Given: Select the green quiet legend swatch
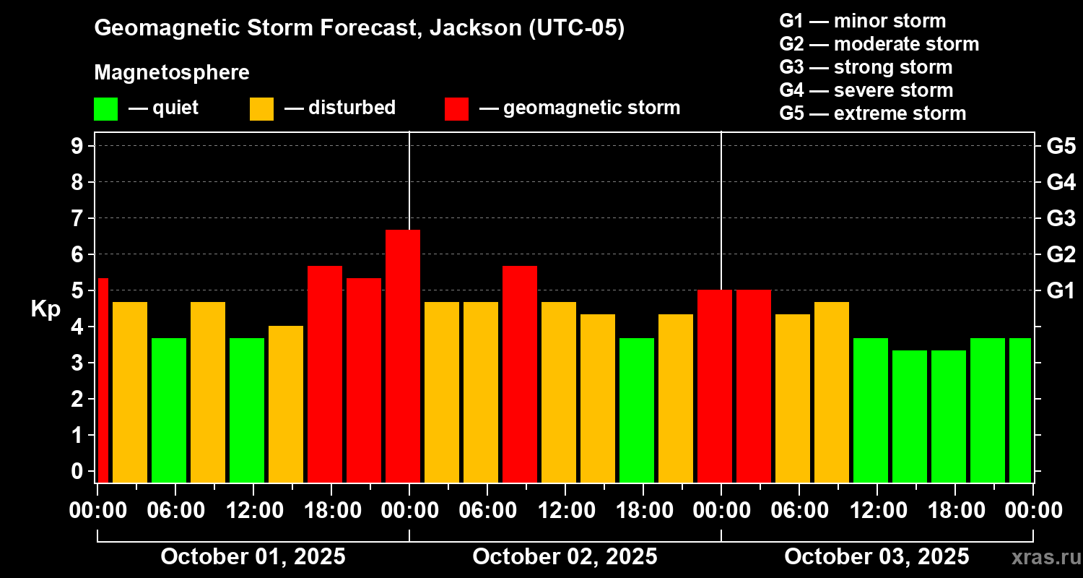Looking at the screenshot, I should [105, 109].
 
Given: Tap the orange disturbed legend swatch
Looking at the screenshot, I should [261, 109].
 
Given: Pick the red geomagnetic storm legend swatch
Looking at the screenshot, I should [456, 109].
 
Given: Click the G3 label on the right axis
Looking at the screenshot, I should [1061, 218].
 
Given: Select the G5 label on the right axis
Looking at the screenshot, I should [1061, 147].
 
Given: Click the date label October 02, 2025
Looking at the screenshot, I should [565, 557].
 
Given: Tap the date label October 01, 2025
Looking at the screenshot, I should [253, 557].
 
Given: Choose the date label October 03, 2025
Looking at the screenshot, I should [877, 557].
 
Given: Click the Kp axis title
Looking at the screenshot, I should [45, 309].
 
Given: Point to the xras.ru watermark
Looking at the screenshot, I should [1043, 557].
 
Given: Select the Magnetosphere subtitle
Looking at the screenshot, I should [172, 73].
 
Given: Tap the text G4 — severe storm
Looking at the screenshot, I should [866, 90].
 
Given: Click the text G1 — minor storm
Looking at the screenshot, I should [863, 21].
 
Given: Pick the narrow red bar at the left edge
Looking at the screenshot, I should [103, 379].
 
